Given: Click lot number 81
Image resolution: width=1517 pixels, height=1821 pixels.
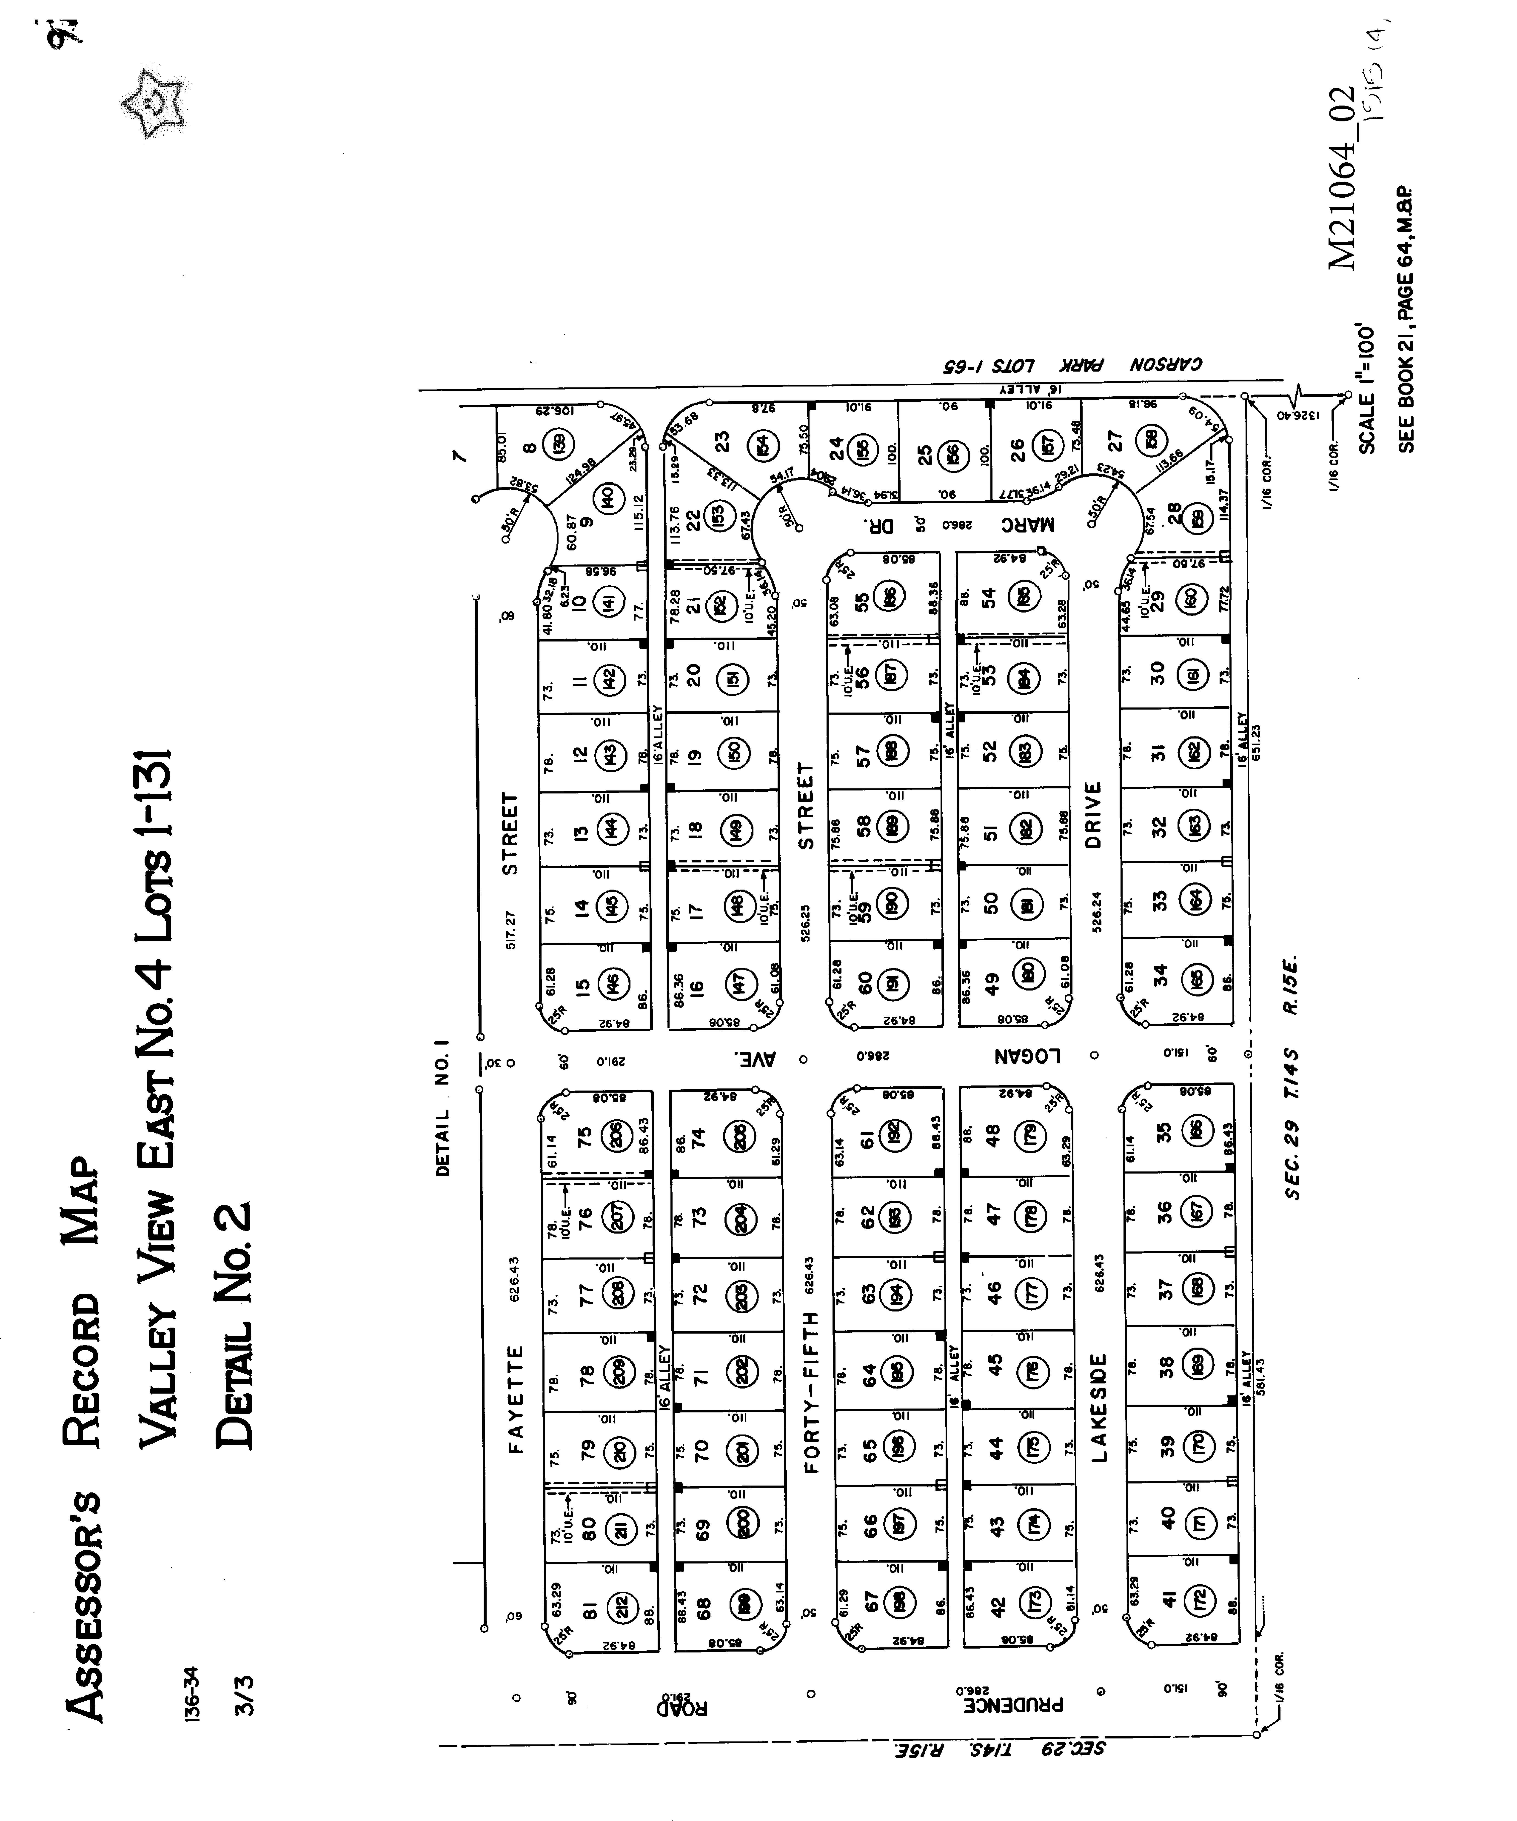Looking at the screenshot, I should [590, 1609].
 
